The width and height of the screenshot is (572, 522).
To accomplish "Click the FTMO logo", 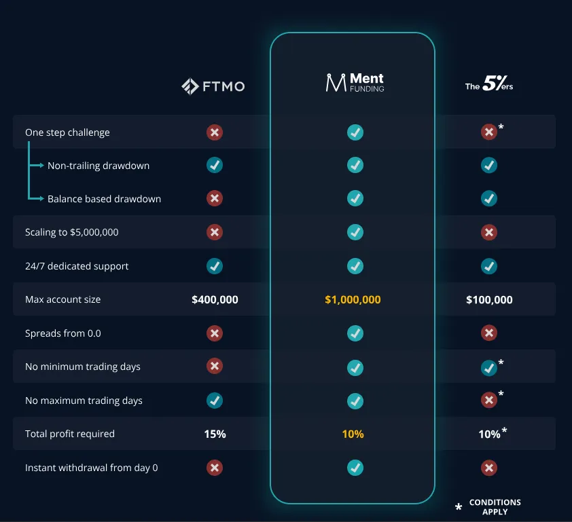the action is (x=213, y=86).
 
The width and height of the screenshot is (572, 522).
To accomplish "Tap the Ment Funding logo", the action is (x=355, y=82).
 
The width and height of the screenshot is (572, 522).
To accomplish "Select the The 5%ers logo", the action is (x=489, y=83).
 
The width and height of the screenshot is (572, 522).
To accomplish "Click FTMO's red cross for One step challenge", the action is (x=215, y=132).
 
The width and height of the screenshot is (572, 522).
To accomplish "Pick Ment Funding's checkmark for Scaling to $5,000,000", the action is (x=355, y=232).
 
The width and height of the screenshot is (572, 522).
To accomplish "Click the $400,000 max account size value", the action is (x=215, y=299).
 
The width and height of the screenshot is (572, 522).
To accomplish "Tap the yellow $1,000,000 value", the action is (x=353, y=299).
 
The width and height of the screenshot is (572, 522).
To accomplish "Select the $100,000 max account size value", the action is (x=489, y=299).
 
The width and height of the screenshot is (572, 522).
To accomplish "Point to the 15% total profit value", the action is (x=215, y=434).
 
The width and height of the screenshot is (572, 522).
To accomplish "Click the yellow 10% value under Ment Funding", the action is (x=353, y=434).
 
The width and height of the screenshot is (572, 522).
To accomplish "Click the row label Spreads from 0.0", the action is (x=62, y=333).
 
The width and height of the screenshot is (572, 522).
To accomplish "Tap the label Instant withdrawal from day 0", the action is (x=91, y=468).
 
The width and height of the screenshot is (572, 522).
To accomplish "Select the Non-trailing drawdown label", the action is (x=99, y=166).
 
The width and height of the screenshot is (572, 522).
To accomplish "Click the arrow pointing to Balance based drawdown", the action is (x=36, y=199).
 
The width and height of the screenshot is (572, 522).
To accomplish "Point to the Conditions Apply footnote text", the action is (x=495, y=507).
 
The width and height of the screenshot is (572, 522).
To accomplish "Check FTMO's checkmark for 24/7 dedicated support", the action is (x=215, y=266).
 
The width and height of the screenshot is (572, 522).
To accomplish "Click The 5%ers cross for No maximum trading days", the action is (x=489, y=400).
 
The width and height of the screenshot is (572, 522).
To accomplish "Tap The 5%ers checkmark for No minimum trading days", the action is (x=489, y=368).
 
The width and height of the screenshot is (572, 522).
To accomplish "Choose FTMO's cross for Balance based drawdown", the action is (x=215, y=198).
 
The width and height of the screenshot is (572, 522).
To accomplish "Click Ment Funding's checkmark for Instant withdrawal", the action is (x=355, y=468).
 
